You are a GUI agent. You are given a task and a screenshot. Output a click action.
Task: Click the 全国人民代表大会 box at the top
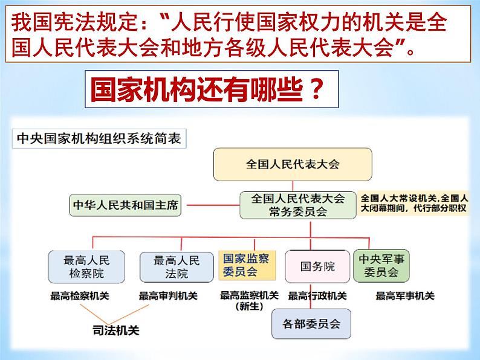point(293,164)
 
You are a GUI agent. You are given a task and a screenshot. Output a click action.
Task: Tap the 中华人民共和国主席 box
point(126,205)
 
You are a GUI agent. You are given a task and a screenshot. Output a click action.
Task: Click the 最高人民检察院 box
point(86,266)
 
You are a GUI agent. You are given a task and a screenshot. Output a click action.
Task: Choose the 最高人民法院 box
point(176,266)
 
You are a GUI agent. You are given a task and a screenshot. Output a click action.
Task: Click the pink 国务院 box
point(317,266)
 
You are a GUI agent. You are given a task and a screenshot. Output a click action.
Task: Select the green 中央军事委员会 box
point(381,266)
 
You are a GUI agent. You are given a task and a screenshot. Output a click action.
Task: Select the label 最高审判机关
point(168,296)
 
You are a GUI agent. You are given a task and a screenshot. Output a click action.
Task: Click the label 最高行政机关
point(317,296)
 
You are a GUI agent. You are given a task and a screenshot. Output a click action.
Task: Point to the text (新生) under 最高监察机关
point(248,306)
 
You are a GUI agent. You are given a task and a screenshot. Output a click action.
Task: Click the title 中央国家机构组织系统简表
point(99,138)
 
